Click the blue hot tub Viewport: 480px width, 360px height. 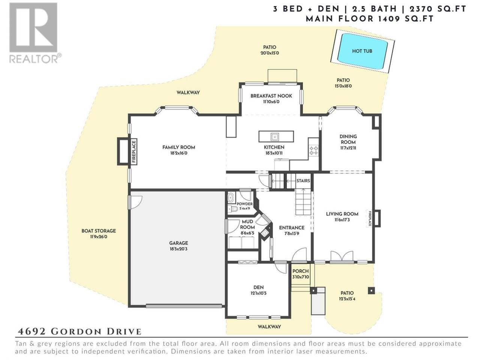point(363,51)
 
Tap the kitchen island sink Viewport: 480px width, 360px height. point(274,136)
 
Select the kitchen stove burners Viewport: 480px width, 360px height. point(313,150)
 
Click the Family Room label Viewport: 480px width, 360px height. point(178,147)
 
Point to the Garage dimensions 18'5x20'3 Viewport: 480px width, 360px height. point(178,249)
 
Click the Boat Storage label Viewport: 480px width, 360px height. point(99,231)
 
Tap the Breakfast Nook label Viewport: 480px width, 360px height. point(271,96)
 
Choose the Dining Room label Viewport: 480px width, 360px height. point(348,139)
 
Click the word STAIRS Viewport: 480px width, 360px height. point(303,181)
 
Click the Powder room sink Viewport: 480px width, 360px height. point(231,198)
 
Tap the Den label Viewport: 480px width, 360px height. point(258,287)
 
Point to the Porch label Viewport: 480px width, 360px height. point(300,271)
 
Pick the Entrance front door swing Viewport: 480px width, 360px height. point(299,254)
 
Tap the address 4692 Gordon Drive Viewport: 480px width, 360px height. point(79,331)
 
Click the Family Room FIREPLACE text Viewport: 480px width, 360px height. point(134,151)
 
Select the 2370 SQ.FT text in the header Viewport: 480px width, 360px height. point(438,9)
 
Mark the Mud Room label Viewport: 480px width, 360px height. point(247,225)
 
